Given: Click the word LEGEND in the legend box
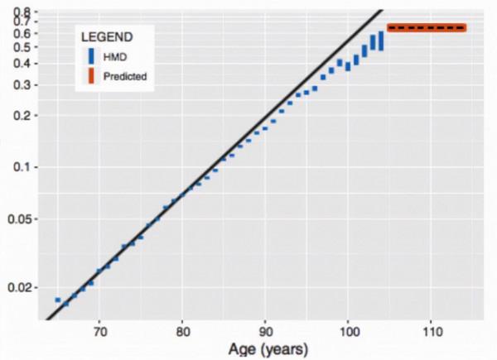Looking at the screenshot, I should click(x=108, y=37).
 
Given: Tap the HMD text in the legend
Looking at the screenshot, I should click(x=113, y=56).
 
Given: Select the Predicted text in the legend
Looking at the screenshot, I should click(x=125, y=76).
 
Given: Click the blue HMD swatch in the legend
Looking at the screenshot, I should click(x=91, y=56).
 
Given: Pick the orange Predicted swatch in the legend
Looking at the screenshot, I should click(x=91, y=76).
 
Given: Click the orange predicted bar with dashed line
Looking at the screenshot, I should click(x=427, y=27).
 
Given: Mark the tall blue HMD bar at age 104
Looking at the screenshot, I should click(x=381, y=41).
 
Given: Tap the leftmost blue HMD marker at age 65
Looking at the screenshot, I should click(x=58, y=300).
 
